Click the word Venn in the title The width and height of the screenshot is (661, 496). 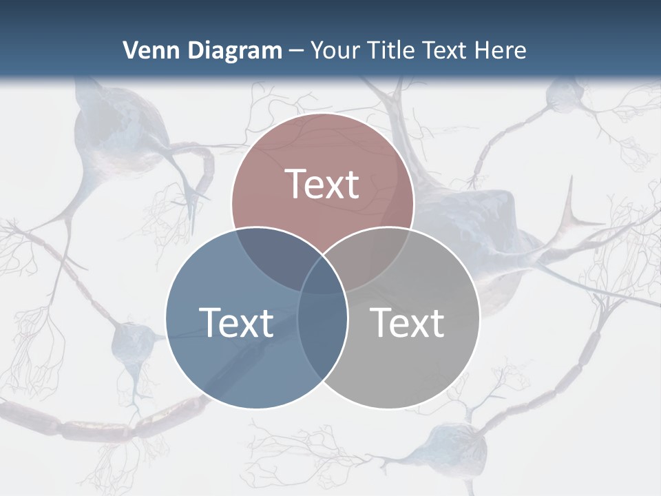(147, 50)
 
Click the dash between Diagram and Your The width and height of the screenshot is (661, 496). (297, 51)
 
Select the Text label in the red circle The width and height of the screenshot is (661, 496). (322, 184)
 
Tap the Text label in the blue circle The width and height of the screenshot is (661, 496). (236, 322)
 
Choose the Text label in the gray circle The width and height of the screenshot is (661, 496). (408, 322)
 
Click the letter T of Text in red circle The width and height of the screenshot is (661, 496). (296, 184)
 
